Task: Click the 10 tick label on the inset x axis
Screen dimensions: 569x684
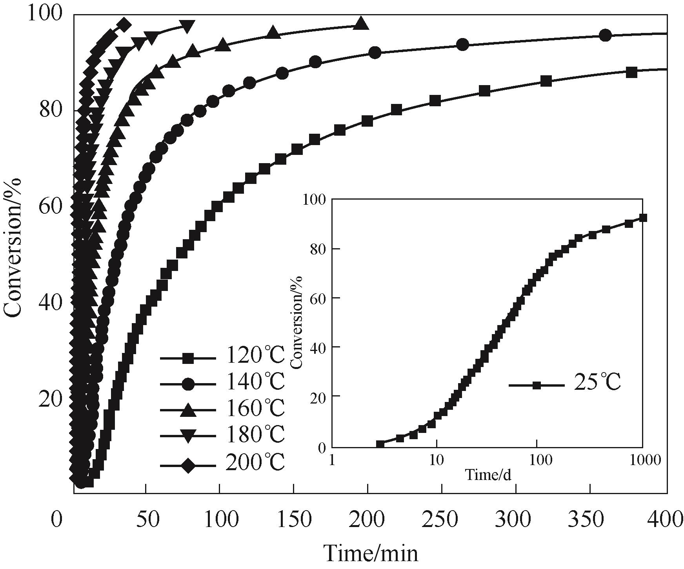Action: click(436, 460)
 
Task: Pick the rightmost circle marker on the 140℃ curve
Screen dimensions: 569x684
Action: click(606, 35)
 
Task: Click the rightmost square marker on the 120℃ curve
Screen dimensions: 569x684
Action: click(631, 72)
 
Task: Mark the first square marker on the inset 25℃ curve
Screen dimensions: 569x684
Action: click(380, 445)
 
